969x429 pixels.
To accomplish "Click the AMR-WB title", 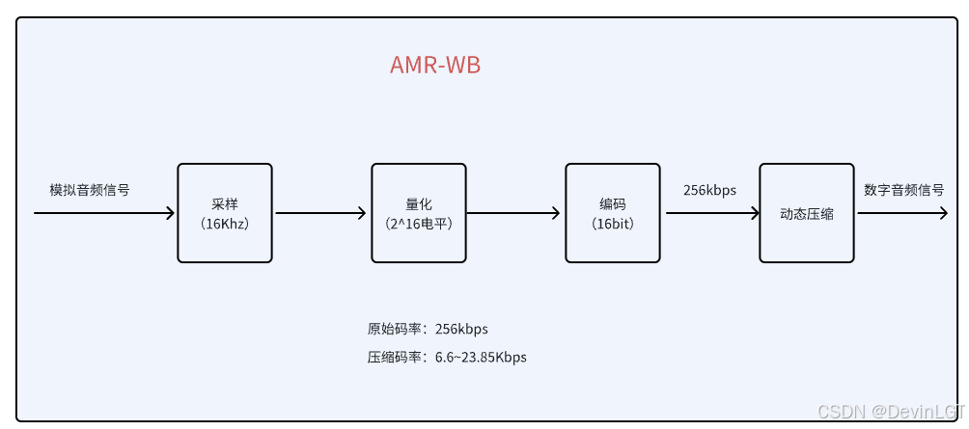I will (x=434, y=66).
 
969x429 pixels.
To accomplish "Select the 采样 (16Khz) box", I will (x=224, y=213).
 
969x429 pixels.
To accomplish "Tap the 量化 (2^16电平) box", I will (x=418, y=213).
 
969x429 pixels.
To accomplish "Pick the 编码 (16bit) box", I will (x=612, y=213).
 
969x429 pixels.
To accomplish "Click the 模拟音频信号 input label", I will (x=89, y=190).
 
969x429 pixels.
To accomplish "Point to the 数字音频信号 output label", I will (x=903, y=190).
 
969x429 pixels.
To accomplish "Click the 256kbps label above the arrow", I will (x=709, y=190).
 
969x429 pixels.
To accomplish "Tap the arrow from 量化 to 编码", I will (x=514, y=213).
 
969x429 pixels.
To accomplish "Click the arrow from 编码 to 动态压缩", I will (x=711, y=213).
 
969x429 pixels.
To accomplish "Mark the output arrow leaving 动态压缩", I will (x=902, y=213).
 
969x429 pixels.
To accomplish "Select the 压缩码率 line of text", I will (x=446, y=357).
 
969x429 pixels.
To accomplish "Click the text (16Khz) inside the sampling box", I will (x=224, y=224).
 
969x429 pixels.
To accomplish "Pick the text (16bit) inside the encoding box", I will (x=612, y=224).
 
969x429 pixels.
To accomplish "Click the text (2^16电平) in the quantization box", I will (x=418, y=224).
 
